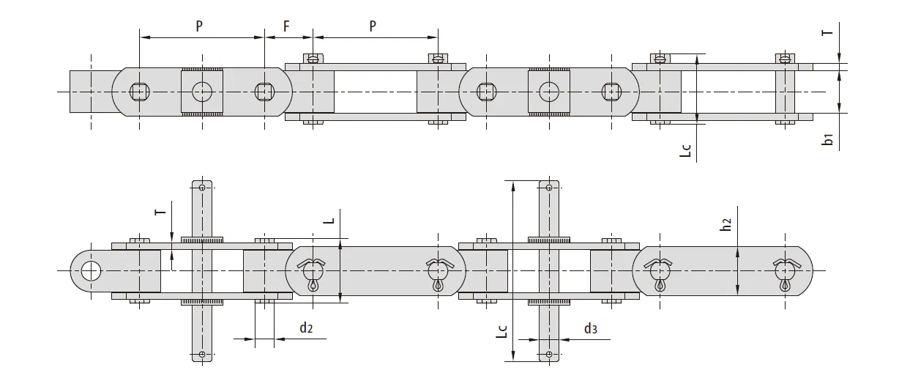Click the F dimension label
click(287, 26)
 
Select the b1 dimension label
click(827, 139)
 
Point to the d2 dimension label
click(306, 328)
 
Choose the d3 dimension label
click(590, 328)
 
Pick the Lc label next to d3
click(501, 331)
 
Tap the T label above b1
click(827, 32)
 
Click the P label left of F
click(200, 26)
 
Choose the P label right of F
click(373, 26)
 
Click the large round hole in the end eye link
click(91, 270)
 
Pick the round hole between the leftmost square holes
click(201, 92)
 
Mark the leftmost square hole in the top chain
click(138, 92)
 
